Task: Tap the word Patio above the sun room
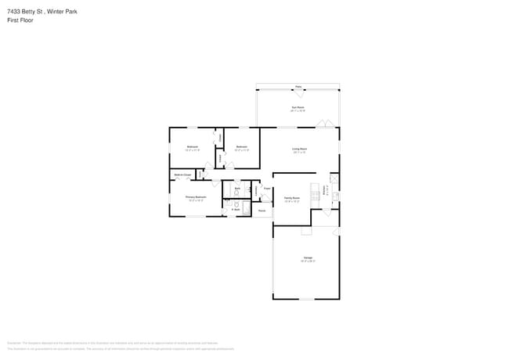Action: coord(298,86)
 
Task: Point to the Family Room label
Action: coord(291,199)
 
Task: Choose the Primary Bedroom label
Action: coord(195,197)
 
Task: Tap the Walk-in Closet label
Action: coord(183,175)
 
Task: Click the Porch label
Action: coord(262,211)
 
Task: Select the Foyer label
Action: coord(267,189)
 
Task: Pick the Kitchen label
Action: coord(325,189)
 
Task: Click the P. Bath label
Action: coord(235,210)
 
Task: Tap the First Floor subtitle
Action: coord(20,20)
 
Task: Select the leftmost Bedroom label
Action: coord(193,146)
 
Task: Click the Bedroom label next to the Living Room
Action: coord(242,146)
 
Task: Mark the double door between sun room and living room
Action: coord(330,124)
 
